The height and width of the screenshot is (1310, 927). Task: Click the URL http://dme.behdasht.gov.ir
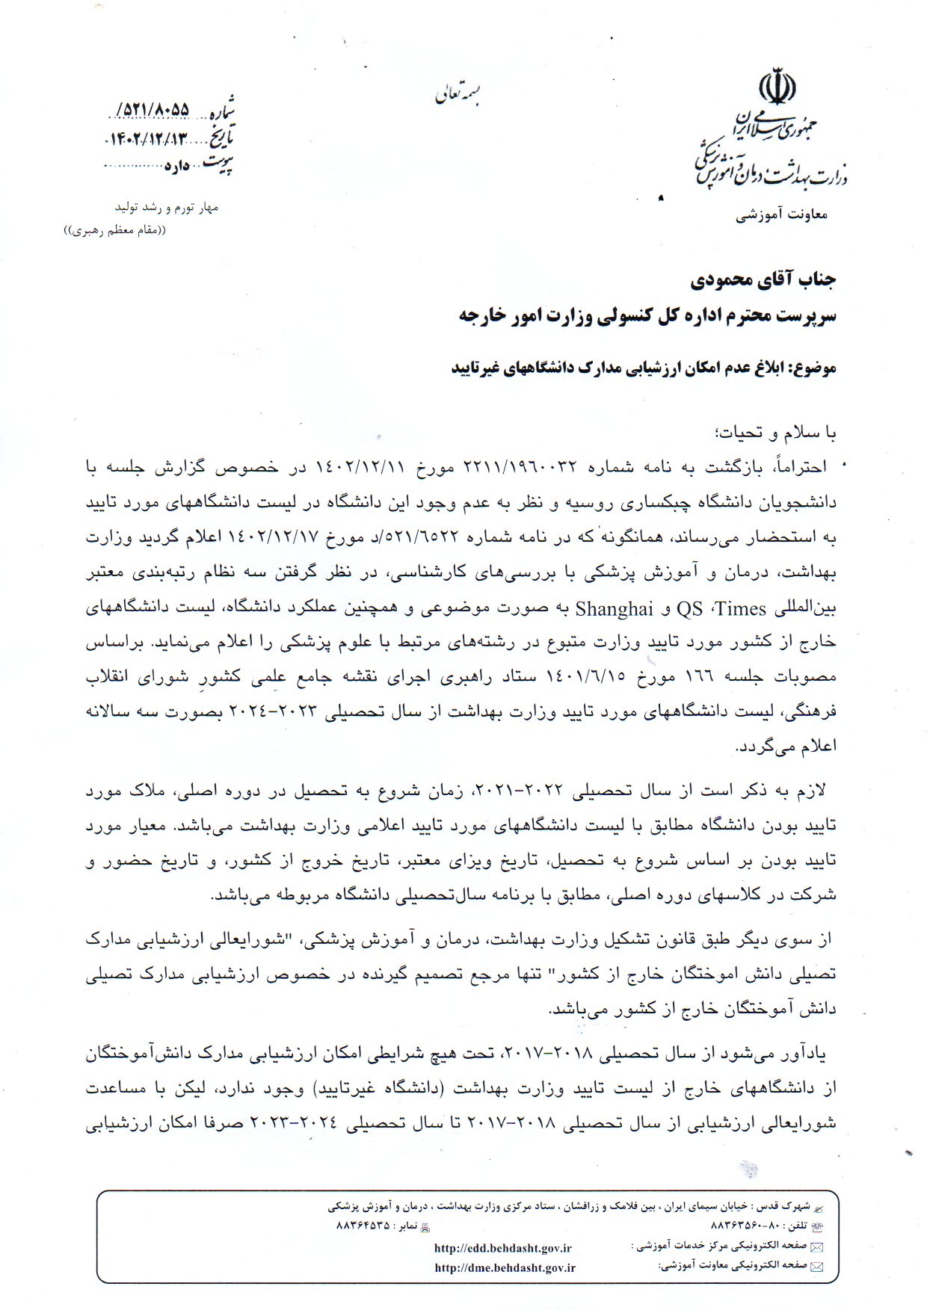(505, 1267)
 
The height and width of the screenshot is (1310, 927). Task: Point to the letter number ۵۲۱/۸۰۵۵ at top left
(154, 111)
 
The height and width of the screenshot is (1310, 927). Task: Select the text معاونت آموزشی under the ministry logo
(782, 215)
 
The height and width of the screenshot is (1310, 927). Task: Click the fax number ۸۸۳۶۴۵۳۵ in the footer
(363, 1226)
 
